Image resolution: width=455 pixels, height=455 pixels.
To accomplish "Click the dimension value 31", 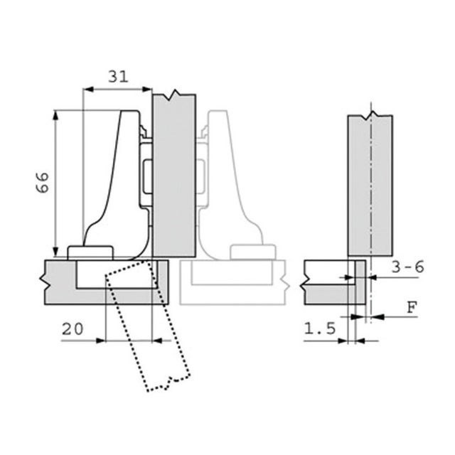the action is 118,77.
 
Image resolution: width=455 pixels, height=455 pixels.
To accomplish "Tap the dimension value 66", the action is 43,182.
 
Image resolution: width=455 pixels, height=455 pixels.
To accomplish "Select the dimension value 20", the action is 73,329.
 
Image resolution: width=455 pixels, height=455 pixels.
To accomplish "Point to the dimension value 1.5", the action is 320,328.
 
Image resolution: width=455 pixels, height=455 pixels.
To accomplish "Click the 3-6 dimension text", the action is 407,267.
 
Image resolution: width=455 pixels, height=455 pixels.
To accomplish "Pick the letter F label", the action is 412,308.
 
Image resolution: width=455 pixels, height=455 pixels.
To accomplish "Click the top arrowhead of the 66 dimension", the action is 55,115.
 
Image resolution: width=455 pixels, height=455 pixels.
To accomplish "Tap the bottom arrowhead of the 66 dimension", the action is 55,252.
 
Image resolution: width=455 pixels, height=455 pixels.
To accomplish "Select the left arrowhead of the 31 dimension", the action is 88,89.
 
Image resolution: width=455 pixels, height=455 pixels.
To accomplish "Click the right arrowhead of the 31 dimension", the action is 147,89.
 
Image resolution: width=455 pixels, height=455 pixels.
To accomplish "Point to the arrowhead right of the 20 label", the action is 157,341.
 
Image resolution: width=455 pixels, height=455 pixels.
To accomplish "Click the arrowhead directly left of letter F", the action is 378,317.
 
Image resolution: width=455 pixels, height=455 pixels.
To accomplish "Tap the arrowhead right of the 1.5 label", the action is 360,341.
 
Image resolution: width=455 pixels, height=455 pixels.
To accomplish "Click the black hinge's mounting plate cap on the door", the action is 90,252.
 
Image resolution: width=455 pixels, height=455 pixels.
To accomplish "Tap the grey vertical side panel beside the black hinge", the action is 174,176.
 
